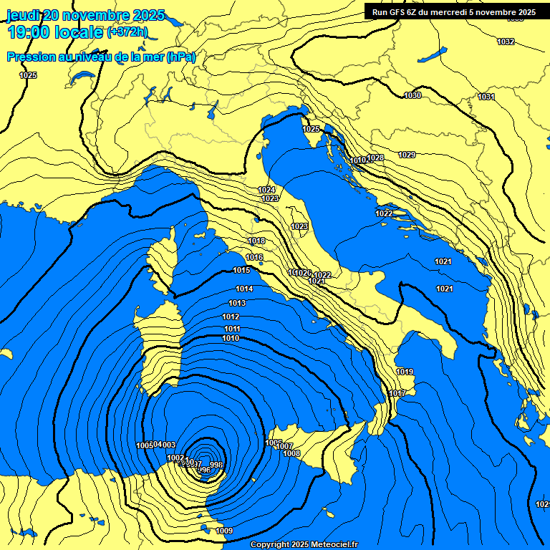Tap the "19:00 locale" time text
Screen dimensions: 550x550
[x=54, y=32]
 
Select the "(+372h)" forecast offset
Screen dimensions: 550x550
[x=127, y=32]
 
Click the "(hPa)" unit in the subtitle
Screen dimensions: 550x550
[x=180, y=57]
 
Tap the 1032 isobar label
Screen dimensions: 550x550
[x=506, y=42]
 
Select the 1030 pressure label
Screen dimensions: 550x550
[x=412, y=95]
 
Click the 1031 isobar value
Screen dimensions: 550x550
[x=486, y=97]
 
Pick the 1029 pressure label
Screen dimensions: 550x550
[x=407, y=155]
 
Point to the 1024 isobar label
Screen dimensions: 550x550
[x=266, y=190]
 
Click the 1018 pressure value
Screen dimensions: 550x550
[x=256, y=241]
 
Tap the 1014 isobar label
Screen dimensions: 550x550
[x=244, y=289]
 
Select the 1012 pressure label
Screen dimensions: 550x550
[x=231, y=317]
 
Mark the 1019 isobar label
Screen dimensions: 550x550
[x=405, y=372]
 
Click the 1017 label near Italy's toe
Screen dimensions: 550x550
[x=397, y=394]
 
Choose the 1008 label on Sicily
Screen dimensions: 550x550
[x=291, y=453]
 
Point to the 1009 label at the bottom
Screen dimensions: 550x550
[x=224, y=531]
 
